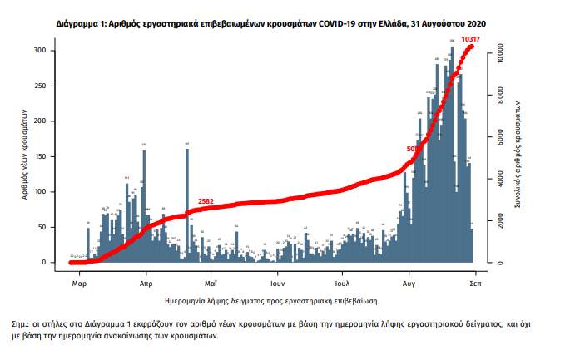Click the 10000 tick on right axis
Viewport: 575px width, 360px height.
point(498,52)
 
